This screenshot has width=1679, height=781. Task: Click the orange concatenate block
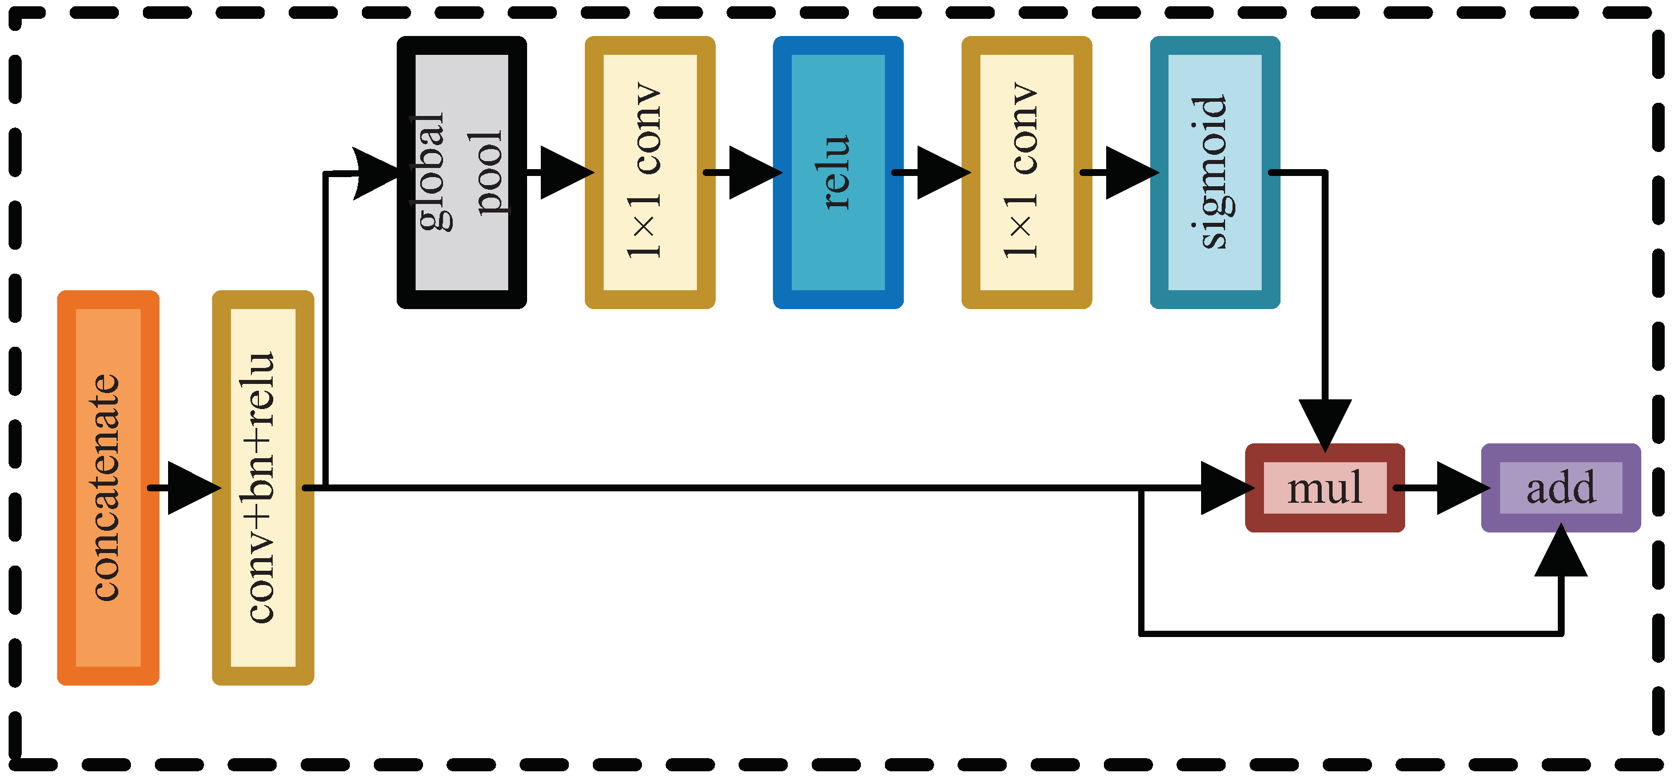tap(108, 487)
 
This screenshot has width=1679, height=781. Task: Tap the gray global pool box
tap(461, 172)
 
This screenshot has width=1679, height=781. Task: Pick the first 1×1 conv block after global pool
tap(650, 172)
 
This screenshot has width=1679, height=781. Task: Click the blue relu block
tap(838, 172)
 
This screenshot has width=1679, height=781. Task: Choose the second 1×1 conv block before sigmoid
tap(1027, 172)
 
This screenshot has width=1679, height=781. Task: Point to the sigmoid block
tap(1215, 172)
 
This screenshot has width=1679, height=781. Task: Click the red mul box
tap(1325, 488)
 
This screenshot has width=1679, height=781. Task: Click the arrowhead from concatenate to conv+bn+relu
tap(192, 488)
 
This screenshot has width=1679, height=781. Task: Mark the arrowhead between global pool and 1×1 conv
tap(564, 173)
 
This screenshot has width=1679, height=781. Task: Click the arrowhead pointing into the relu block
tap(753, 173)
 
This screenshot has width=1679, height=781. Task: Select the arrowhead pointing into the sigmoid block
tap(1130, 173)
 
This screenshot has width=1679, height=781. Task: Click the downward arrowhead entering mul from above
tap(1325, 422)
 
